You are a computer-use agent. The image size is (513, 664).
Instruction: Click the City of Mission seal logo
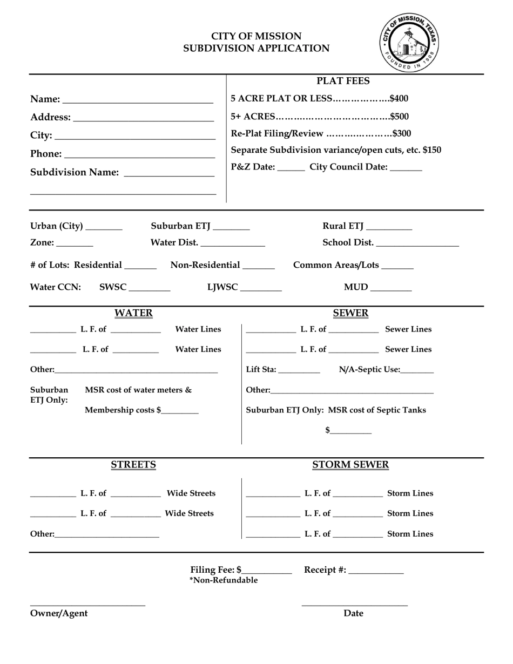409,42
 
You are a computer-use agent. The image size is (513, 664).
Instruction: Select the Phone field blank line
139,155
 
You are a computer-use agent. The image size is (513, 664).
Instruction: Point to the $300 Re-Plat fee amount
401,133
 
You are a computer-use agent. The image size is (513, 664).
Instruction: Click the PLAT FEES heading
343,81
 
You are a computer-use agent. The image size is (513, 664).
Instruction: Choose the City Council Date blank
406,169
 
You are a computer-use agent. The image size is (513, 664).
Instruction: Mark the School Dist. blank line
417,245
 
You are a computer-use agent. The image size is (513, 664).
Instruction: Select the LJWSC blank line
261,289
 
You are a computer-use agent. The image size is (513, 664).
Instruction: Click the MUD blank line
391,289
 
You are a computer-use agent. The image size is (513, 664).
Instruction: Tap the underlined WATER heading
133,313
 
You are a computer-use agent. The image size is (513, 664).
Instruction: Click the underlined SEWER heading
350,313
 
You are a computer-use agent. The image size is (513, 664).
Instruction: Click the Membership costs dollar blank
180,412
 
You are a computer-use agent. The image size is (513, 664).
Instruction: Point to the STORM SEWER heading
350,465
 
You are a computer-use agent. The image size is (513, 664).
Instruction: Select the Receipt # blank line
376,572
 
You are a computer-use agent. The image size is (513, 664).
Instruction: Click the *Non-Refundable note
223,580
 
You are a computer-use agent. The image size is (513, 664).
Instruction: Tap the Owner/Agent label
59,613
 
